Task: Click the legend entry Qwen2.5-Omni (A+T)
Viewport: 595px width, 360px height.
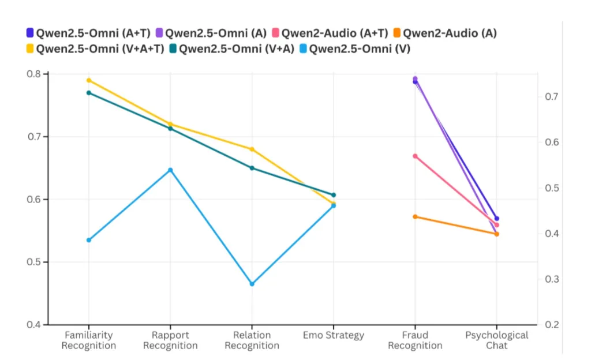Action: pos(83,33)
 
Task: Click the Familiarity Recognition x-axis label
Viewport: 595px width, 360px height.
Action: pos(89,340)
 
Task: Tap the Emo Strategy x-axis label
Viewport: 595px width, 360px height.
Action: pos(334,335)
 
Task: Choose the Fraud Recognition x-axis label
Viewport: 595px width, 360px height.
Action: pos(415,340)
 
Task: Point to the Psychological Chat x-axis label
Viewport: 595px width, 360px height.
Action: pos(497,340)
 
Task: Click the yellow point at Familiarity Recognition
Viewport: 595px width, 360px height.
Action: pos(89,80)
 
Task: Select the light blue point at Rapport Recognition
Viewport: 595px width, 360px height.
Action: pos(170,170)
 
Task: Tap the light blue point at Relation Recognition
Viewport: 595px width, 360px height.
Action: pos(252,284)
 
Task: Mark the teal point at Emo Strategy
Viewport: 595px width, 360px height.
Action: pos(334,195)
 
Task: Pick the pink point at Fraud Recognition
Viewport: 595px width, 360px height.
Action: pos(415,156)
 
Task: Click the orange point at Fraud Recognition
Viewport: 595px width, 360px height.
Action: pos(415,216)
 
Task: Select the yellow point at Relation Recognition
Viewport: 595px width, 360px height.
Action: pos(252,149)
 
